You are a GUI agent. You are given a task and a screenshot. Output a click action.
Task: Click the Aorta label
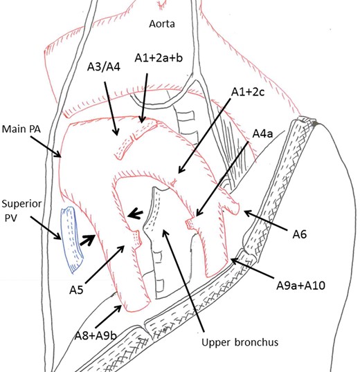[163, 24]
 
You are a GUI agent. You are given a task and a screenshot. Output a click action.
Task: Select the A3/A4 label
[104, 68]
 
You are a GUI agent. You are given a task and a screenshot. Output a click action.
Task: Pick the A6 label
[300, 235]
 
